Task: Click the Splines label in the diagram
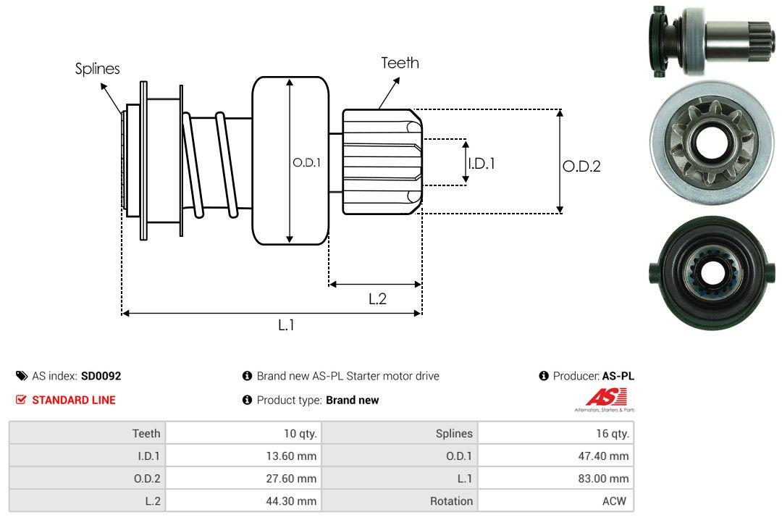pyautogui.click(x=98, y=69)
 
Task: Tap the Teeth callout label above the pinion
pyautogui.click(x=400, y=63)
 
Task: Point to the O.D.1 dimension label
pyautogui.click(x=306, y=163)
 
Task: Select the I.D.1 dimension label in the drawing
pyautogui.click(x=482, y=164)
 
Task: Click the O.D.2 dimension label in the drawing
pyautogui.click(x=581, y=167)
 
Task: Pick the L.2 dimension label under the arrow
pyautogui.click(x=377, y=298)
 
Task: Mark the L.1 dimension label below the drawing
pyautogui.click(x=287, y=325)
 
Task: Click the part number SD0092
pyautogui.click(x=101, y=376)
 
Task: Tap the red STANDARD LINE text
pyautogui.click(x=73, y=400)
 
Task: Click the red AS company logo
pyautogui.click(x=605, y=398)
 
